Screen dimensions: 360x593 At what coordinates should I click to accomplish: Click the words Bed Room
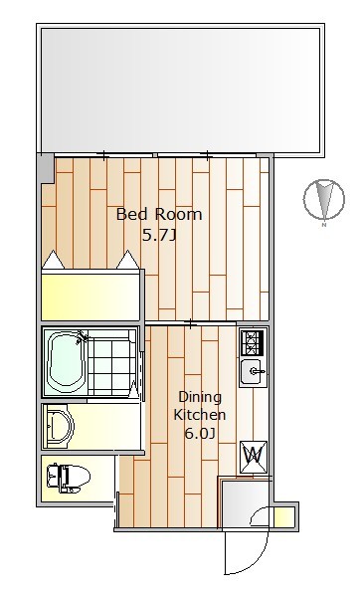click(x=159, y=215)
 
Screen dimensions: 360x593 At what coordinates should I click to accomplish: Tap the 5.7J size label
click(x=159, y=236)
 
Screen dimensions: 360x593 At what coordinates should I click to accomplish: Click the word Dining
click(x=200, y=398)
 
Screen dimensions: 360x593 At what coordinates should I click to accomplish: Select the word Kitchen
click(x=200, y=415)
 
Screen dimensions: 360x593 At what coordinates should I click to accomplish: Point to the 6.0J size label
click(x=200, y=433)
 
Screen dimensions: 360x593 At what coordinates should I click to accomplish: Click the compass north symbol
click(x=324, y=199)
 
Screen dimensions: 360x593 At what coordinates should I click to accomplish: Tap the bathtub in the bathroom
click(x=65, y=362)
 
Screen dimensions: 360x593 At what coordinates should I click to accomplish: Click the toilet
click(x=68, y=478)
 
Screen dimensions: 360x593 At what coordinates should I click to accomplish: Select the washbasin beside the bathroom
click(x=59, y=426)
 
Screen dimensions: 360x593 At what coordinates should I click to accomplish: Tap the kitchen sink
click(x=253, y=372)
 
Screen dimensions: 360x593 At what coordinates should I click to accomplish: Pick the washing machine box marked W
click(x=254, y=457)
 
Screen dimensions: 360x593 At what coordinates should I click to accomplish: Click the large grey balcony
click(x=180, y=90)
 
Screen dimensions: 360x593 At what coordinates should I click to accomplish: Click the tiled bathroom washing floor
click(x=112, y=362)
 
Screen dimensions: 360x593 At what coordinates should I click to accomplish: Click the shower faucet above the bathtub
click(x=82, y=336)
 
